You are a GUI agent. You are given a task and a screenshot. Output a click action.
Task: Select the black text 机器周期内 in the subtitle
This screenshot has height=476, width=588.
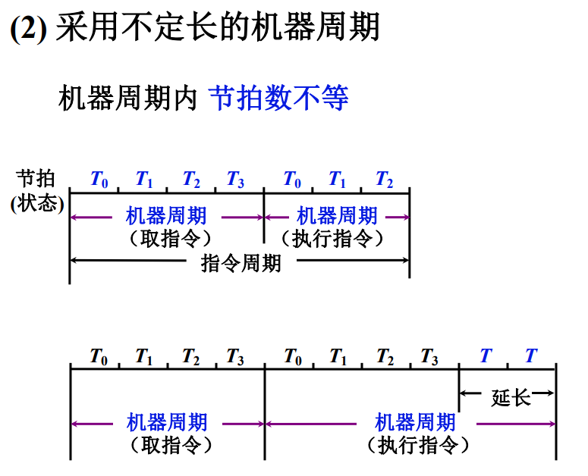[127, 98]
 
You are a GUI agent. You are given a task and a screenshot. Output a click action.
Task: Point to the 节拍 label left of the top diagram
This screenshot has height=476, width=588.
[36, 179]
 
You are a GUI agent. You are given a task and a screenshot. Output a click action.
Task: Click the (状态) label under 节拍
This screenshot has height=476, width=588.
[36, 203]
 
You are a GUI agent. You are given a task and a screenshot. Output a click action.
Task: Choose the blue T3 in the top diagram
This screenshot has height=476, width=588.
[235, 180]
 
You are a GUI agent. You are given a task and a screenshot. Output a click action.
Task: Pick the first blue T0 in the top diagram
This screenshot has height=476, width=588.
[99, 180]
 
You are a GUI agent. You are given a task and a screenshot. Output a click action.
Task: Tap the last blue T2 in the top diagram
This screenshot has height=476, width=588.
[385, 180]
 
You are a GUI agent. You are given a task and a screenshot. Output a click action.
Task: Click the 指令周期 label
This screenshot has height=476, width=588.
[241, 262]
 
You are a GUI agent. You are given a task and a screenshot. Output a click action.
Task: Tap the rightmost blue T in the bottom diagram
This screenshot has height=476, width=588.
[531, 355]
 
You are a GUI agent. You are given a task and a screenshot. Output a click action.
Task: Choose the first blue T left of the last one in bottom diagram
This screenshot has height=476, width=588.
[486, 355]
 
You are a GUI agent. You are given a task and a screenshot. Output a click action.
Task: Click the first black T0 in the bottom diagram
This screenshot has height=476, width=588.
[99, 356]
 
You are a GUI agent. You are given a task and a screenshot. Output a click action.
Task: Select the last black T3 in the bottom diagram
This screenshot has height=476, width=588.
[429, 356]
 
